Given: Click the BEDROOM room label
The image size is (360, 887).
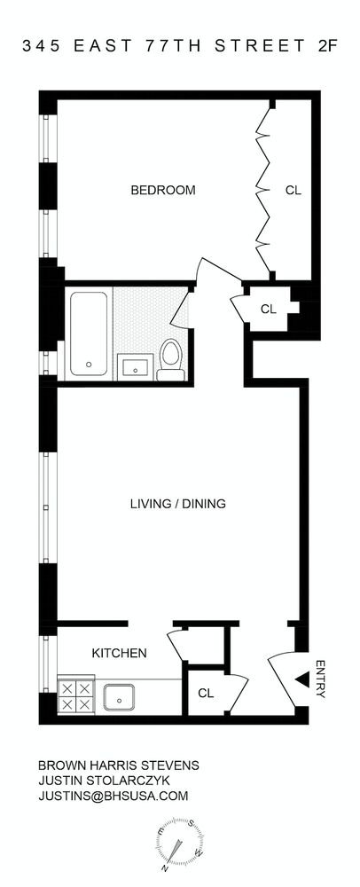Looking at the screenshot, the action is pyautogui.click(x=163, y=190).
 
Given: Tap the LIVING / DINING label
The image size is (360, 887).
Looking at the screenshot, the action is pyautogui.click(x=178, y=503).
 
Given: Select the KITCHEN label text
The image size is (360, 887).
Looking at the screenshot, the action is pyautogui.click(x=119, y=654).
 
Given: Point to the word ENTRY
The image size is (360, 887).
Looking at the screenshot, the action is pyautogui.click(x=320, y=679).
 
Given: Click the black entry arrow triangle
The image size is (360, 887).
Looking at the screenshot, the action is pyautogui.click(x=302, y=679).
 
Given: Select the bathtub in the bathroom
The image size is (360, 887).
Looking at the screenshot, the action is pyautogui.click(x=89, y=334).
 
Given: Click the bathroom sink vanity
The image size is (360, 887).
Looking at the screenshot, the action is pyautogui.click(x=135, y=366).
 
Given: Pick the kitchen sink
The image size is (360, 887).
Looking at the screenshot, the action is pyautogui.click(x=119, y=696).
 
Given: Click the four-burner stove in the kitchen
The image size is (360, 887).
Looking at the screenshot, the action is pyautogui.click(x=75, y=696).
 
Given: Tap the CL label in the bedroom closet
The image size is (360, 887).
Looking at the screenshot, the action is pyautogui.click(x=293, y=190).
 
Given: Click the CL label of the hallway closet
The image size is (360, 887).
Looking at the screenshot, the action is pyautogui.click(x=268, y=310).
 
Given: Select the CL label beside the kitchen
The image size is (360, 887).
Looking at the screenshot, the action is pyautogui.click(x=206, y=693).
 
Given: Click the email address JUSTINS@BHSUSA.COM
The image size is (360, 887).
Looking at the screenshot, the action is pyautogui.click(x=113, y=796).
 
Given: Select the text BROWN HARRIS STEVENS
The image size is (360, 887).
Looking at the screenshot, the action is pyautogui.click(x=119, y=765).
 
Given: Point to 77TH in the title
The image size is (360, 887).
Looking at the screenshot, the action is pyautogui.click(x=173, y=46).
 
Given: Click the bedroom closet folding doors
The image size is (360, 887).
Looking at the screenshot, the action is pyautogui.click(x=263, y=190).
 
